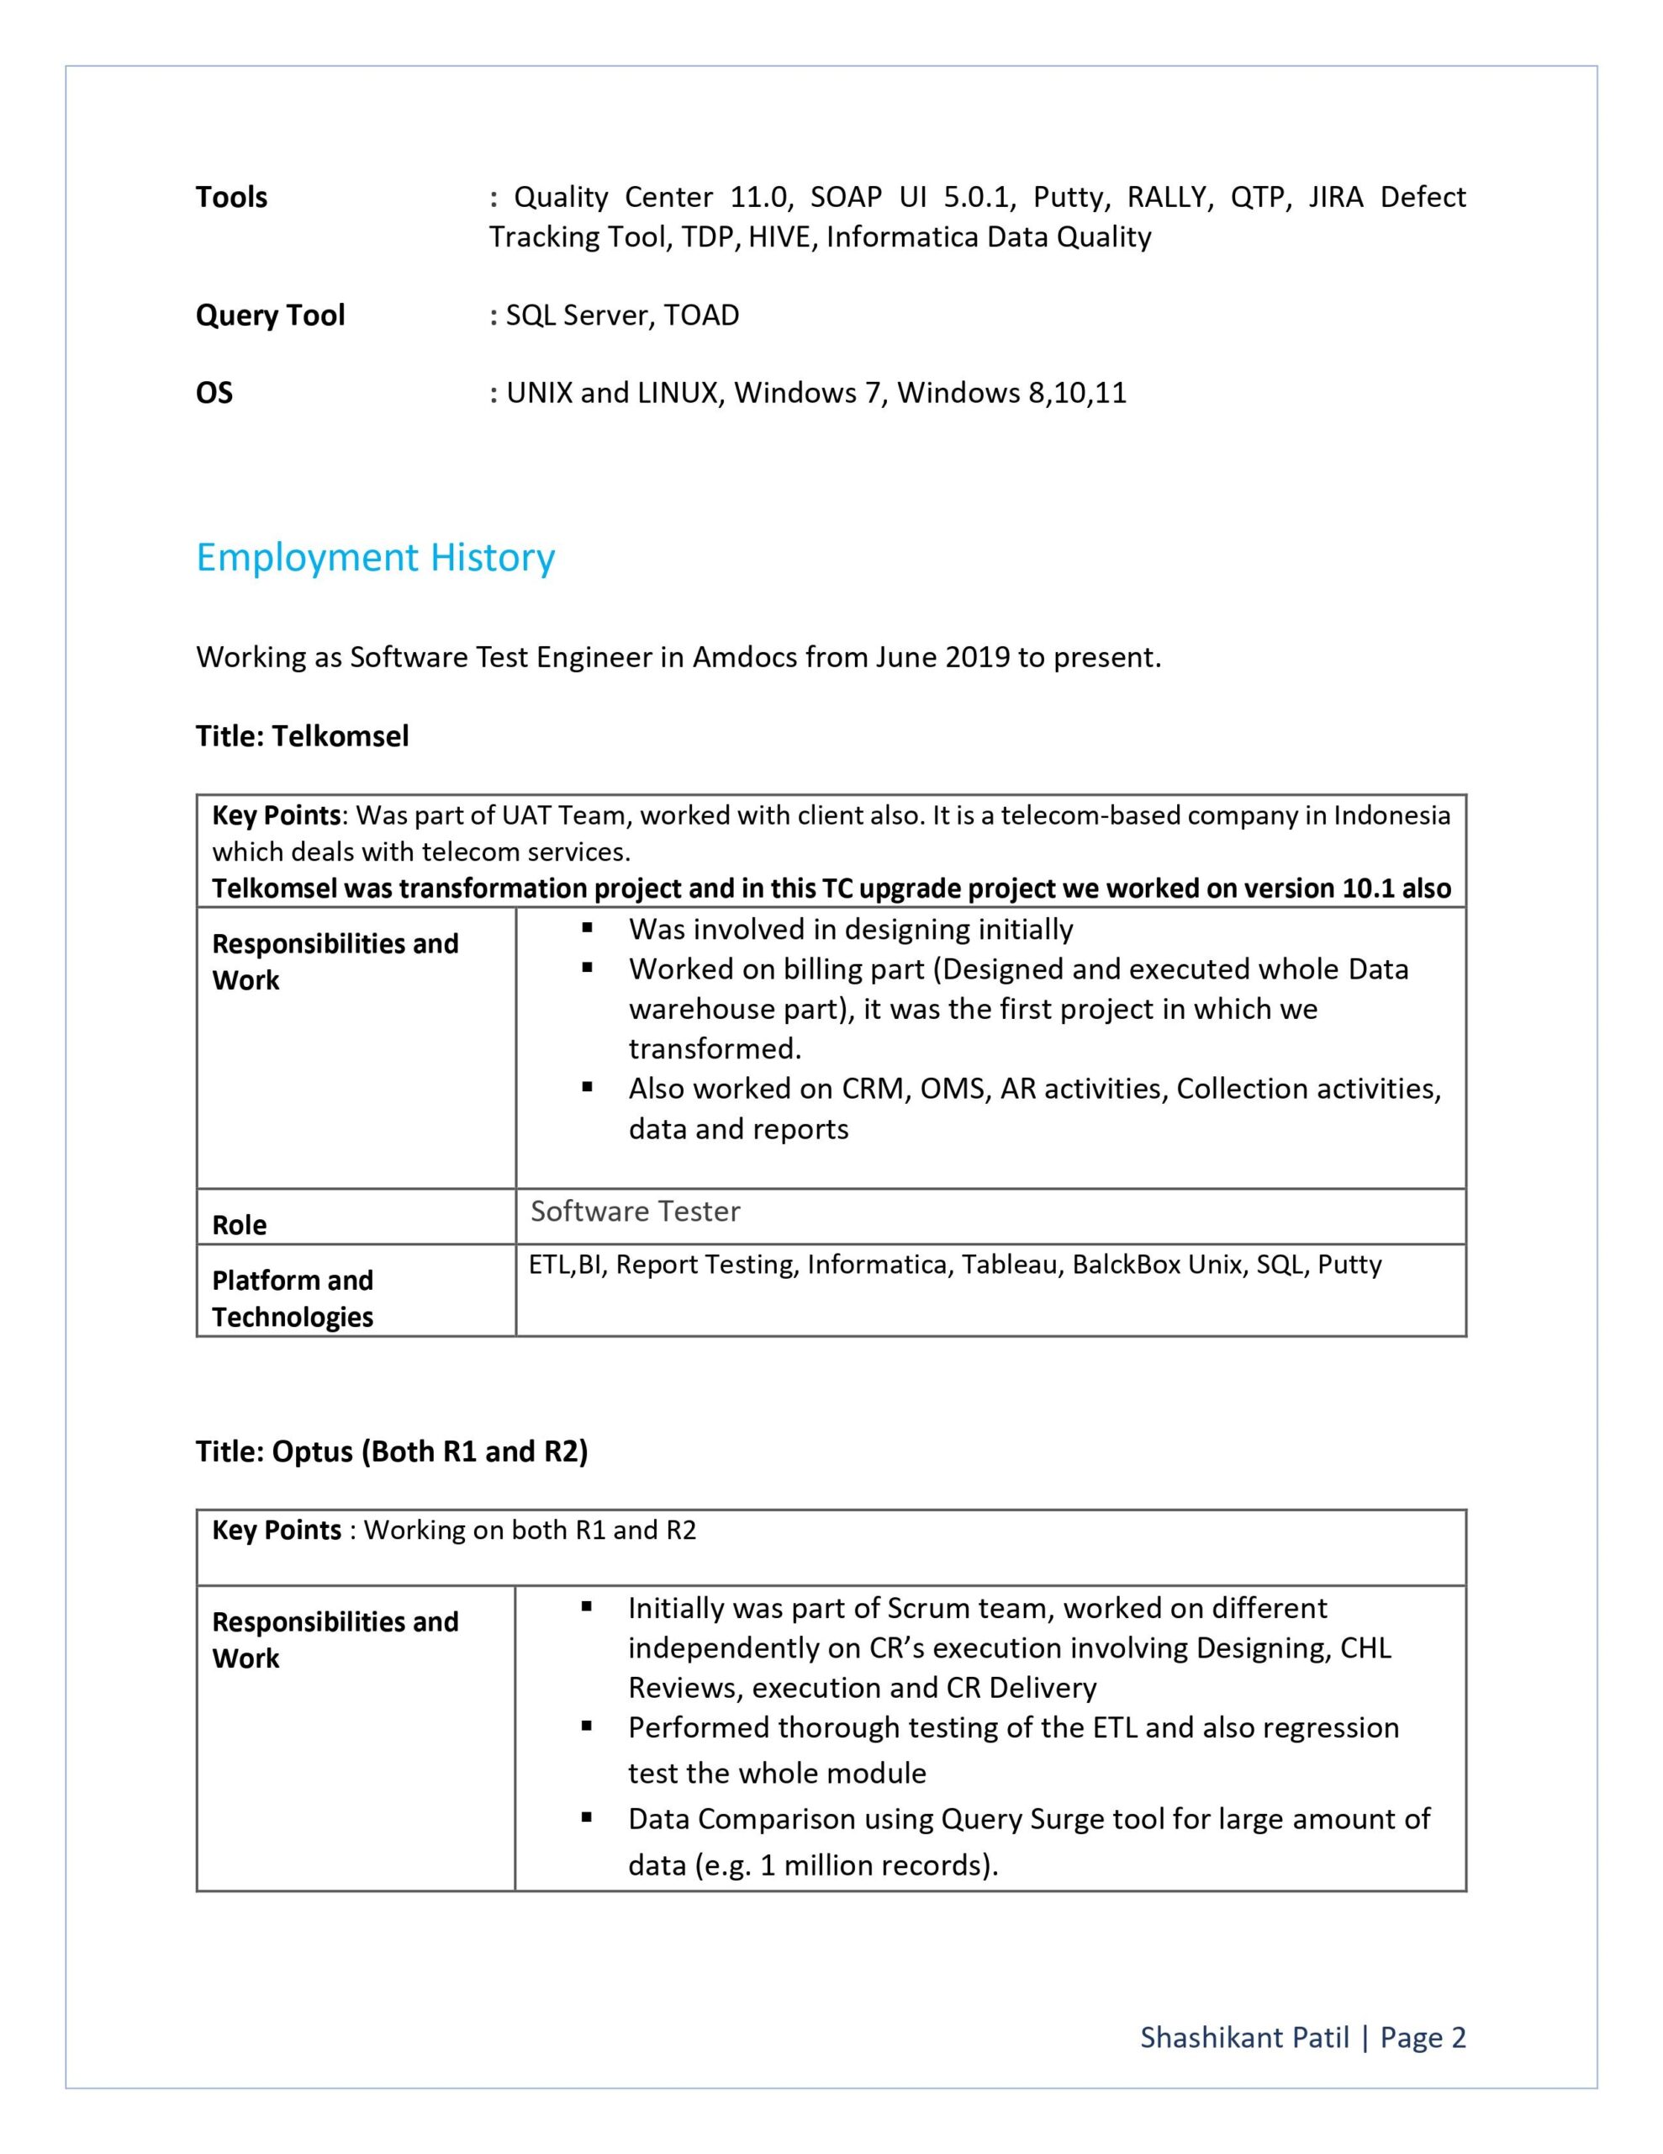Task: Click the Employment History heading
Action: point(375,558)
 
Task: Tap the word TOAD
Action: point(701,316)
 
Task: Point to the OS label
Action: point(214,394)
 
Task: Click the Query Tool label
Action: point(270,316)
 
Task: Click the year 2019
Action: point(977,657)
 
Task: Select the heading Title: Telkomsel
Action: point(302,735)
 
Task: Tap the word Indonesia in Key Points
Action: point(1392,815)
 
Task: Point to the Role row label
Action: point(240,1225)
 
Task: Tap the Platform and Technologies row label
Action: point(293,1298)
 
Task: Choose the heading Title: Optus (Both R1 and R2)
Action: point(391,1451)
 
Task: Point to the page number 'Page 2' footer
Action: point(1423,2038)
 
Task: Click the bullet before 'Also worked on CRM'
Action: point(588,1087)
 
